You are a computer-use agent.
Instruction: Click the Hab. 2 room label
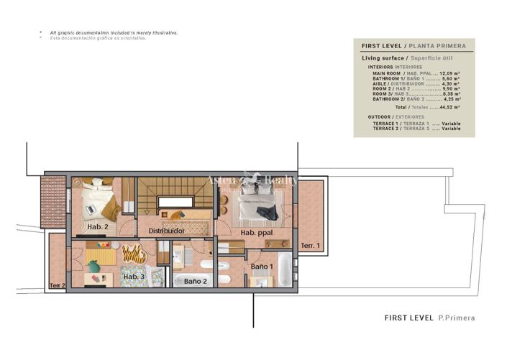coord(98,227)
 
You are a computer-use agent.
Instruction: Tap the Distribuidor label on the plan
coord(167,231)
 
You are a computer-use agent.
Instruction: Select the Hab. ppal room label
coord(257,233)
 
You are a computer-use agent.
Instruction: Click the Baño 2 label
coord(195,281)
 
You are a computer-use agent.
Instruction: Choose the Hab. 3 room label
coord(134,277)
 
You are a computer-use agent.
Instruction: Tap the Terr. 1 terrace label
coord(310,246)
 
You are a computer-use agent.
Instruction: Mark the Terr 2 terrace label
coord(58,285)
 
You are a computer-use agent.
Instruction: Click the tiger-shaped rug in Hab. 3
coord(134,253)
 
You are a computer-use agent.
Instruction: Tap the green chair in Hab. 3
coord(94,267)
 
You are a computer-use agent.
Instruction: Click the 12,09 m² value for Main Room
coord(449,73)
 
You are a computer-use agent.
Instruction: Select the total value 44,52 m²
coord(449,106)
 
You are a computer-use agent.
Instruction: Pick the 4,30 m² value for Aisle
coord(449,83)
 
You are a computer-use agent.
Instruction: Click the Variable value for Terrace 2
coord(451,128)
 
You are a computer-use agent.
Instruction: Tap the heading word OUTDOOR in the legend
coord(381,116)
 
